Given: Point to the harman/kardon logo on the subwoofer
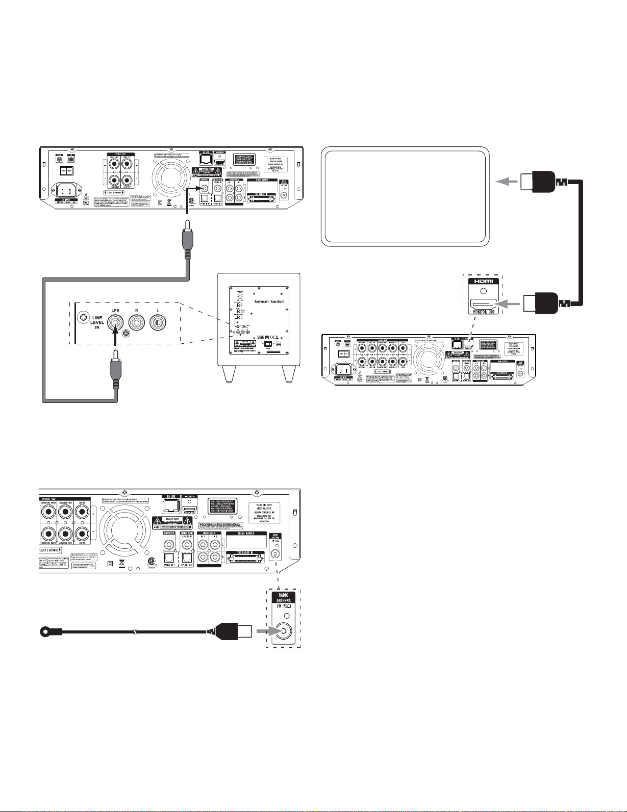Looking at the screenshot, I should click(273, 301).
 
